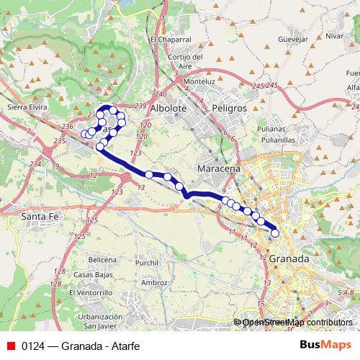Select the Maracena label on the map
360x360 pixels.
tap(219, 168)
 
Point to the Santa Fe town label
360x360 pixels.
tap(40, 215)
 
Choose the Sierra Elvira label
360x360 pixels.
tap(25, 105)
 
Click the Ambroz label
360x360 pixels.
tap(153, 283)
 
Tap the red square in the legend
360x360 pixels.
tap(11, 344)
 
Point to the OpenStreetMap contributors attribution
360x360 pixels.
tap(297, 322)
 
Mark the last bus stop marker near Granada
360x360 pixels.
tap(274, 233)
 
